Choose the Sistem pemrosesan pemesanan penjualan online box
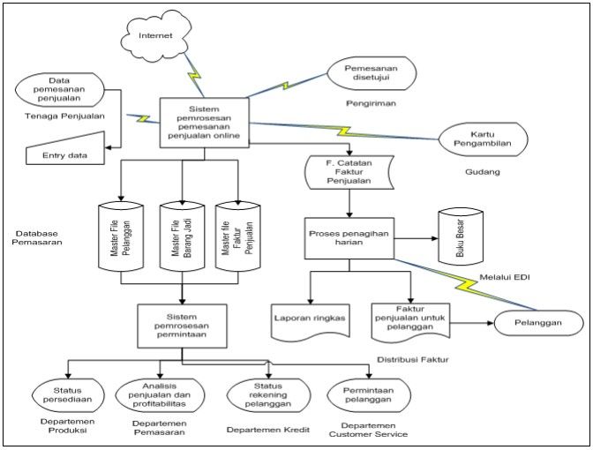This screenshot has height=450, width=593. pos(205,123)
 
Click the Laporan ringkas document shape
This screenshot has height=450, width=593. pos(310,318)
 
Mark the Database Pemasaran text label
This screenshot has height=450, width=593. pos(38,236)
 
